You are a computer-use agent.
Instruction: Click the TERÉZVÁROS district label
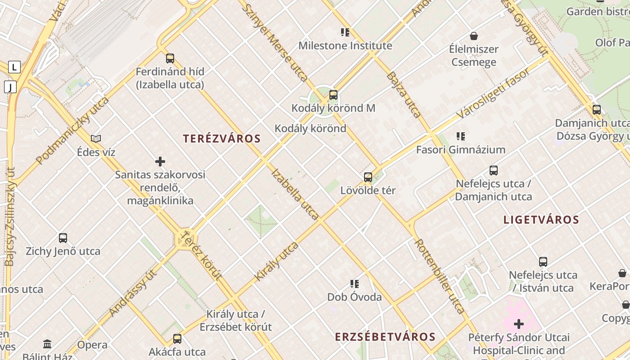[x=222, y=139]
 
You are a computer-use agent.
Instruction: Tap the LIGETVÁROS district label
[x=541, y=220]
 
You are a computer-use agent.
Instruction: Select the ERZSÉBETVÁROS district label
[x=385, y=337]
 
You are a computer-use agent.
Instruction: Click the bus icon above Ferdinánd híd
[x=170, y=58]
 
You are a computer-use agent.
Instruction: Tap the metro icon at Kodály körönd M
[x=333, y=95]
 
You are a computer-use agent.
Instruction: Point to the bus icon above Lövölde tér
[x=368, y=177]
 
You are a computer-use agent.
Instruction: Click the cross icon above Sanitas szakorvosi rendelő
[x=160, y=161]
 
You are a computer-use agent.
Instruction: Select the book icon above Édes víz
[x=96, y=139]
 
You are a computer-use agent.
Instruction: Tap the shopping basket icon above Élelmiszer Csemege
[x=473, y=36]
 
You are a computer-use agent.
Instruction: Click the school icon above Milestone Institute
[x=345, y=32]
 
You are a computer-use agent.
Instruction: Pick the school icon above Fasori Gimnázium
[x=460, y=136]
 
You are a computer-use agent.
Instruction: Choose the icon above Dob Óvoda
[x=355, y=284]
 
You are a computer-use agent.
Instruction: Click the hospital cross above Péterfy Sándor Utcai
[x=518, y=324]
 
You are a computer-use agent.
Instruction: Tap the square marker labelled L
[x=14, y=67]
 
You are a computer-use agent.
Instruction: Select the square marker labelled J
[x=10, y=87]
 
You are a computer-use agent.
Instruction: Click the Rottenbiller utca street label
[x=439, y=276]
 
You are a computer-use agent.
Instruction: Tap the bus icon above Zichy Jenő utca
[x=63, y=238]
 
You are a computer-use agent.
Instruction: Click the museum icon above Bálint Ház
[x=47, y=344]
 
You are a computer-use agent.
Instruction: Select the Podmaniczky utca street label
[x=72, y=130]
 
